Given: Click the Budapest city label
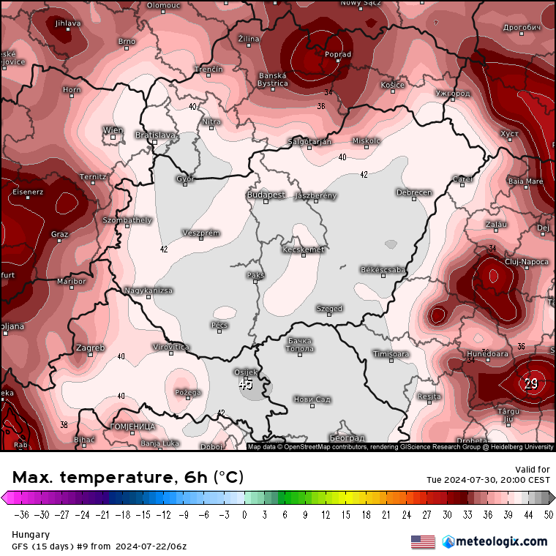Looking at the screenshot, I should (x=266, y=195).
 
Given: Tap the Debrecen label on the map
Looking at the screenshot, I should (x=413, y=192).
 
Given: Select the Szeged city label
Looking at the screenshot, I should (x=329, y=309).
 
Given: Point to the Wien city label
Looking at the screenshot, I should (x=113, y=130).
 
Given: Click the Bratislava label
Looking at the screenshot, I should (x=156, y=135).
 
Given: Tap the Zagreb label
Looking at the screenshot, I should (x=90, y=347).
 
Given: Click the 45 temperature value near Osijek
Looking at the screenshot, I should (x=246, y=383).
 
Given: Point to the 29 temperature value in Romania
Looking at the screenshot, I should (x=531, y=383).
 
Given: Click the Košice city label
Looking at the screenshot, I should (x=392, y=86).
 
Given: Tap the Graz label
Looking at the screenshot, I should (x=60, y=235).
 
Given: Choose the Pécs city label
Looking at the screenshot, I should (x=219, y=324).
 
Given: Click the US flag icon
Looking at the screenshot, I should (x=423, y=542).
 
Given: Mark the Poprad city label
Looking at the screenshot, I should (x=338, y=54).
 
